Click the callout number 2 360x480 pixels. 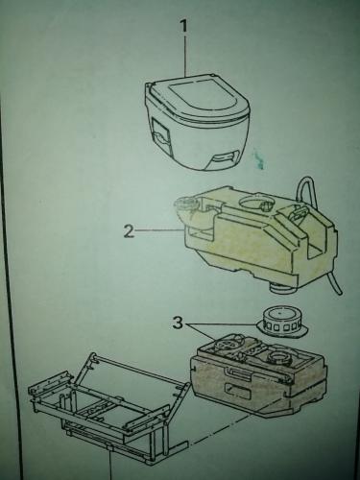coord(129,231)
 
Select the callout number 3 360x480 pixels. coord(178,324)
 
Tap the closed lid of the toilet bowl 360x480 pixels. coord(198,98)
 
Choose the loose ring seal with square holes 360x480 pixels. coord(280,323)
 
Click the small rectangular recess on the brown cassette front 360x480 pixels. coord(237,389)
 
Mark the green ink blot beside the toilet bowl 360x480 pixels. coord(259,159)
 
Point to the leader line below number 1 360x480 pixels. coord(185,56)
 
